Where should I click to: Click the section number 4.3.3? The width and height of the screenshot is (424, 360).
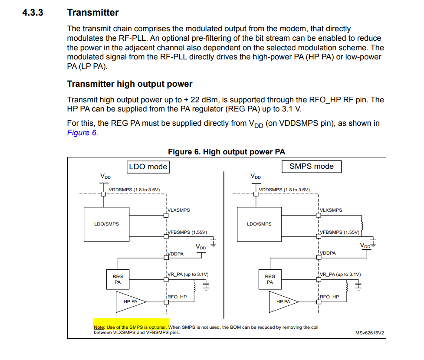tap(33, 13)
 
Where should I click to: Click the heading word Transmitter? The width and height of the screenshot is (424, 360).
tap(93, 13)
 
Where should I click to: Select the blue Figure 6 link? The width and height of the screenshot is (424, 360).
tap(82, 133)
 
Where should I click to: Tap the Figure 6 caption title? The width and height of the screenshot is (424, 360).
tap(227, 152)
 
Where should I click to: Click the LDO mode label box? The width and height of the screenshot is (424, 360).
tap(148, 167)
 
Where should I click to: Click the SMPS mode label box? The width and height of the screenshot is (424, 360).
tap(311, 167)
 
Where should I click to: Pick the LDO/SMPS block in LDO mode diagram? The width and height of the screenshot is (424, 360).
tap(106, 224)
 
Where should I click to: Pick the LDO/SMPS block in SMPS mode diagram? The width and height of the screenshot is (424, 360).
tap(259, 224)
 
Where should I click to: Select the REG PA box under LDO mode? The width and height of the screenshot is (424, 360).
tap(118, 279)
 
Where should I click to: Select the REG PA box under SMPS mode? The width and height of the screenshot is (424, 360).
tap(270, 279)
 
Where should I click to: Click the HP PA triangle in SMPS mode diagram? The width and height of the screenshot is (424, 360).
tap(282, 301)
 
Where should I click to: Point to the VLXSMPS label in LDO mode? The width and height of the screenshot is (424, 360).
tap(179, 210)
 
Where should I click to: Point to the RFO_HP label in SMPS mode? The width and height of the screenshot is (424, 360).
tap(329, 297)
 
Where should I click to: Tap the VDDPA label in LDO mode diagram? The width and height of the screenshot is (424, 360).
tap(176, 254)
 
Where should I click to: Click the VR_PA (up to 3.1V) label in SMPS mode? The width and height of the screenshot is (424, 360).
tap(340, 274)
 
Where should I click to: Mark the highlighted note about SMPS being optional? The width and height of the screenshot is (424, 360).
tap(131, 327)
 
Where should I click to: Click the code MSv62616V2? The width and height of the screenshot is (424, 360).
tap(369, 333)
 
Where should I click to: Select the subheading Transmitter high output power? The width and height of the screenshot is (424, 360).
tap(129, 84)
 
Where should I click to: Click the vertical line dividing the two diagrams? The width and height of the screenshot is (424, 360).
tap(224, 243)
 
